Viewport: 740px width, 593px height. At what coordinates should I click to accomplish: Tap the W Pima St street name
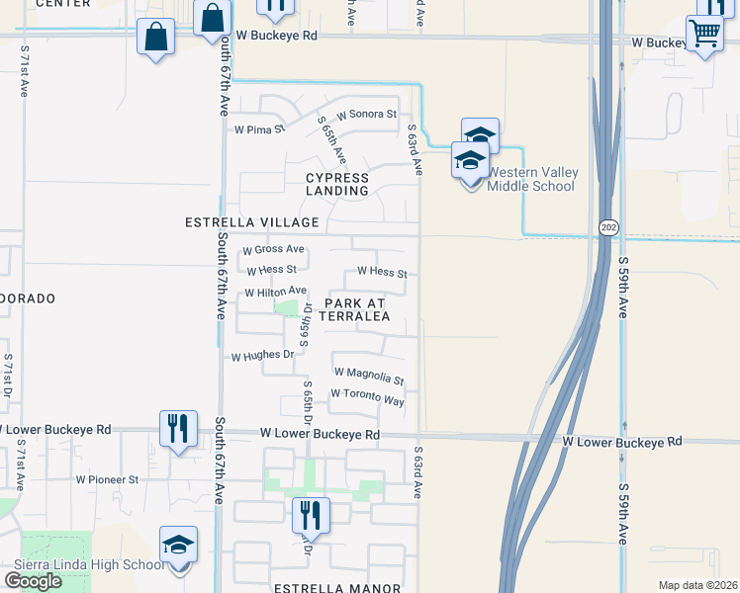tap(259, 128)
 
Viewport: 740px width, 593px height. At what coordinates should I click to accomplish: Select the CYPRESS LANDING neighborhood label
tap(336, 184)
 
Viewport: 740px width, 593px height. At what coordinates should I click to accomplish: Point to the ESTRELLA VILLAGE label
tap(251, 222)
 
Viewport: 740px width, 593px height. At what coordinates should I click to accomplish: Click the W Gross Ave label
tap(273, 250)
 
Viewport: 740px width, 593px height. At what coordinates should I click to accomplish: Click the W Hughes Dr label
tap(263, 354)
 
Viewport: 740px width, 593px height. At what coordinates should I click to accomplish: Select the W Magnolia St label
tap(369, 376)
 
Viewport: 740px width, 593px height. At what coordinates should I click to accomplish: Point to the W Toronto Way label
tap(368, 396)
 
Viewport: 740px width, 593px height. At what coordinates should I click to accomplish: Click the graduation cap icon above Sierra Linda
tap(178, 545)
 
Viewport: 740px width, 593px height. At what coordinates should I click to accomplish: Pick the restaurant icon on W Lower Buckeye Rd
tap(178, 428)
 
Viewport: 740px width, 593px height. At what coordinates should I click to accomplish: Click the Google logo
tap(33, 580)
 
